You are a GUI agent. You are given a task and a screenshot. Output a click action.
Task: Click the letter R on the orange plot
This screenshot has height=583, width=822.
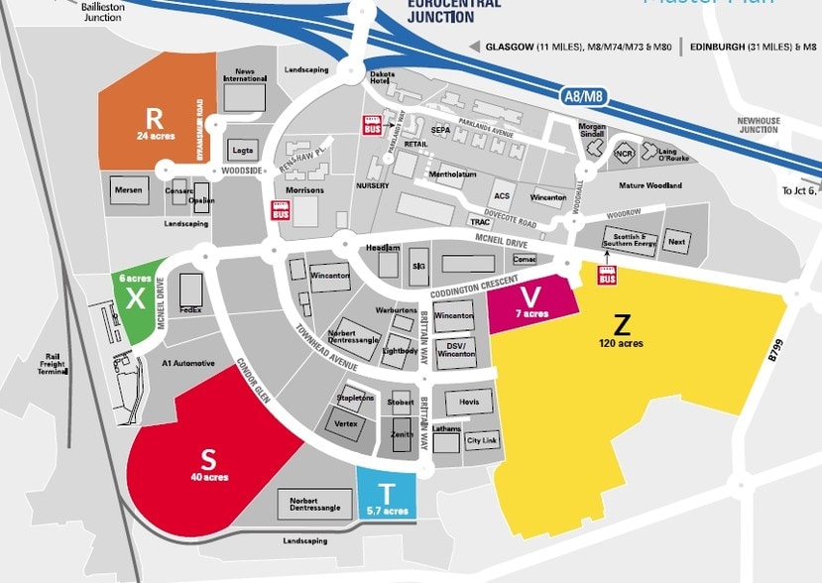pyautogui.click(x=154, y=115)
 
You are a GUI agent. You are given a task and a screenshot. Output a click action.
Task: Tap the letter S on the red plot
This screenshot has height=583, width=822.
pyautogui.click(x=208, y=459)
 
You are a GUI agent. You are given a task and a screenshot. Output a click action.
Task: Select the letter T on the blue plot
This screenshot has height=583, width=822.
pyautogui.click(x=386, y=493)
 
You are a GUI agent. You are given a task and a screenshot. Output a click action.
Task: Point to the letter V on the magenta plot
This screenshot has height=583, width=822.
pyautogui.click(x=531, y=296)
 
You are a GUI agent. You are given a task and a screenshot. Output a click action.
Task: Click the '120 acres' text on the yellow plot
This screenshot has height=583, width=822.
pyautogui.click(x=622, y=343)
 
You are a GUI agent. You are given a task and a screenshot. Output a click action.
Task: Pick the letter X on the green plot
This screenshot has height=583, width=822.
pyautogui.click(x=136, y=296)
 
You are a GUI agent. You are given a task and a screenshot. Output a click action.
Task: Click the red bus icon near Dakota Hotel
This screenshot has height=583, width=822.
pyautogui.click(x=373, y=127)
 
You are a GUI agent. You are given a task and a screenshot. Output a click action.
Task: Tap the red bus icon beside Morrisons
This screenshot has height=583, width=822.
pyautogui.click(x=281, y=210)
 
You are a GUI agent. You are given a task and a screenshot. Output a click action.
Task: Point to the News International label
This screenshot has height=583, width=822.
pyautogui.click(x=245, y=75)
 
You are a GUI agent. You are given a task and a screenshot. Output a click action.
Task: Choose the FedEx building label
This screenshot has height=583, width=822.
pyautogui.click(x=190, y=310)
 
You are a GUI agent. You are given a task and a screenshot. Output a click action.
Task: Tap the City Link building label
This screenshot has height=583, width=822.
pyautogui.click(x=482, y=440)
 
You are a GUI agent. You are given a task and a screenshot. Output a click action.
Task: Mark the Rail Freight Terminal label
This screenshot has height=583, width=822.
pyautogui.click(x=52, y=363)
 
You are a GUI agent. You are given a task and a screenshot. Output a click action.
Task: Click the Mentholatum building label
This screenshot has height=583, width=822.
pyautogui.click(x=452, y=175)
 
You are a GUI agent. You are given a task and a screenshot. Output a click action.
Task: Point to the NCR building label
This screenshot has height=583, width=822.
pyautogui.click(x=623, y=153)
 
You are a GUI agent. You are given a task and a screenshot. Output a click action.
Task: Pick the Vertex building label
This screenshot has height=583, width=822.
pyautogui.click(x=346, y=423)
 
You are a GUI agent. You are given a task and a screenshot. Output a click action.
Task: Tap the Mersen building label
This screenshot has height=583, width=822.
pyautogui.click(x=129, y=189)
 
